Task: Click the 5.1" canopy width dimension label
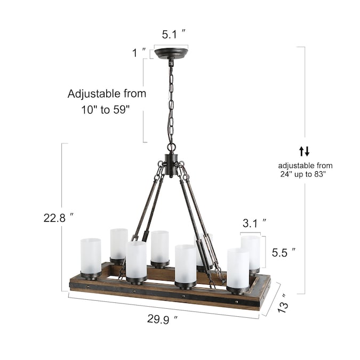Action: [x=173, y=35]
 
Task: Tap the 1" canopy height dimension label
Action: [x=139, y=53]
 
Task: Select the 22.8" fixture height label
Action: [x=59, y=218]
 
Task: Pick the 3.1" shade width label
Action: [x=254, y=223]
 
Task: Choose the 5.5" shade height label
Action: [x=284, y=253]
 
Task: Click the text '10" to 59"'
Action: [x=106, y=110]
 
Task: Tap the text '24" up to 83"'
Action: [x=303, y=174]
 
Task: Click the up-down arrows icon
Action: [x=305, y=151]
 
